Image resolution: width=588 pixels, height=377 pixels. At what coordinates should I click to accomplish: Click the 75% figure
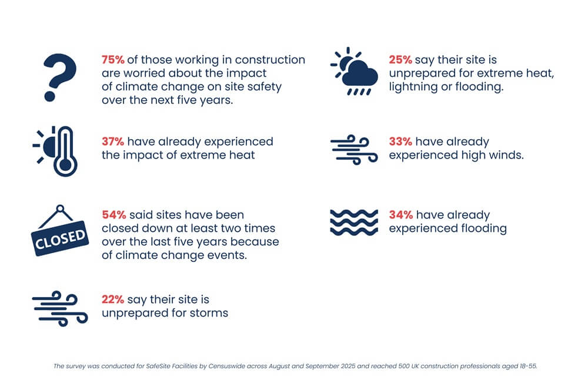click(113, 60)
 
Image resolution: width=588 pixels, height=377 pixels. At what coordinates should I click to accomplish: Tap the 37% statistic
click(113, 142)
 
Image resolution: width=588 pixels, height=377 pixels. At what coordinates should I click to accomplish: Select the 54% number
click(113, 215)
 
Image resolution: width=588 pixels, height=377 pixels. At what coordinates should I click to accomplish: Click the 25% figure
click(400, 60)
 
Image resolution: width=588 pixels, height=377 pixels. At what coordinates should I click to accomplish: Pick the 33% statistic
click(400, 142)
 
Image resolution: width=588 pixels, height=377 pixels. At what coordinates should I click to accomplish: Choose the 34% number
click(400, 215)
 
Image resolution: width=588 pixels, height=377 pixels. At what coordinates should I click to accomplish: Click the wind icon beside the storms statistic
click(60, 308)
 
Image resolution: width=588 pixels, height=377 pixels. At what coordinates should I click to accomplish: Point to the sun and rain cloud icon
click(354, 71)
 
